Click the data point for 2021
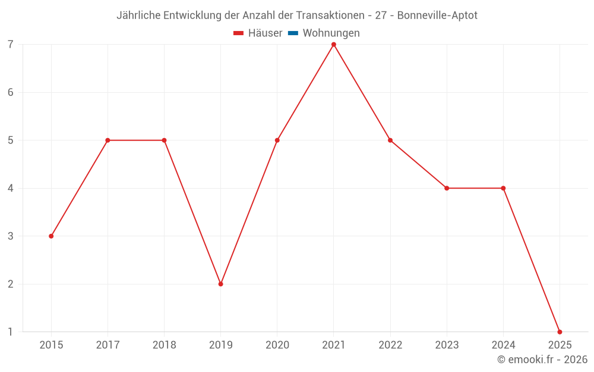coord(334,45)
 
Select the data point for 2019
coord(220,284)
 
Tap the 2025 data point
coord(560,332)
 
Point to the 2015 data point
coord(51,236)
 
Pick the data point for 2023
coord(447,188)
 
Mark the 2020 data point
coord(277,140)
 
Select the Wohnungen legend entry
coord(331,33)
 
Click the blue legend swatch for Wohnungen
coord(293,33)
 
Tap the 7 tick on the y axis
coord(11,45)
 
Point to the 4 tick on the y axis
coord(11,188)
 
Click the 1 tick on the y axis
coord(11,332)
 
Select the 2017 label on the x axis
coord(108,345)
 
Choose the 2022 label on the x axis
coord(390,345)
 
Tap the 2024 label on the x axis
coord(503,345)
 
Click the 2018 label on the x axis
coord(164,345)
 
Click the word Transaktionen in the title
coord(329,15)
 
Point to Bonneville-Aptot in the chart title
coord(437,15)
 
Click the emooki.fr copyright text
coord(542,360)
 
